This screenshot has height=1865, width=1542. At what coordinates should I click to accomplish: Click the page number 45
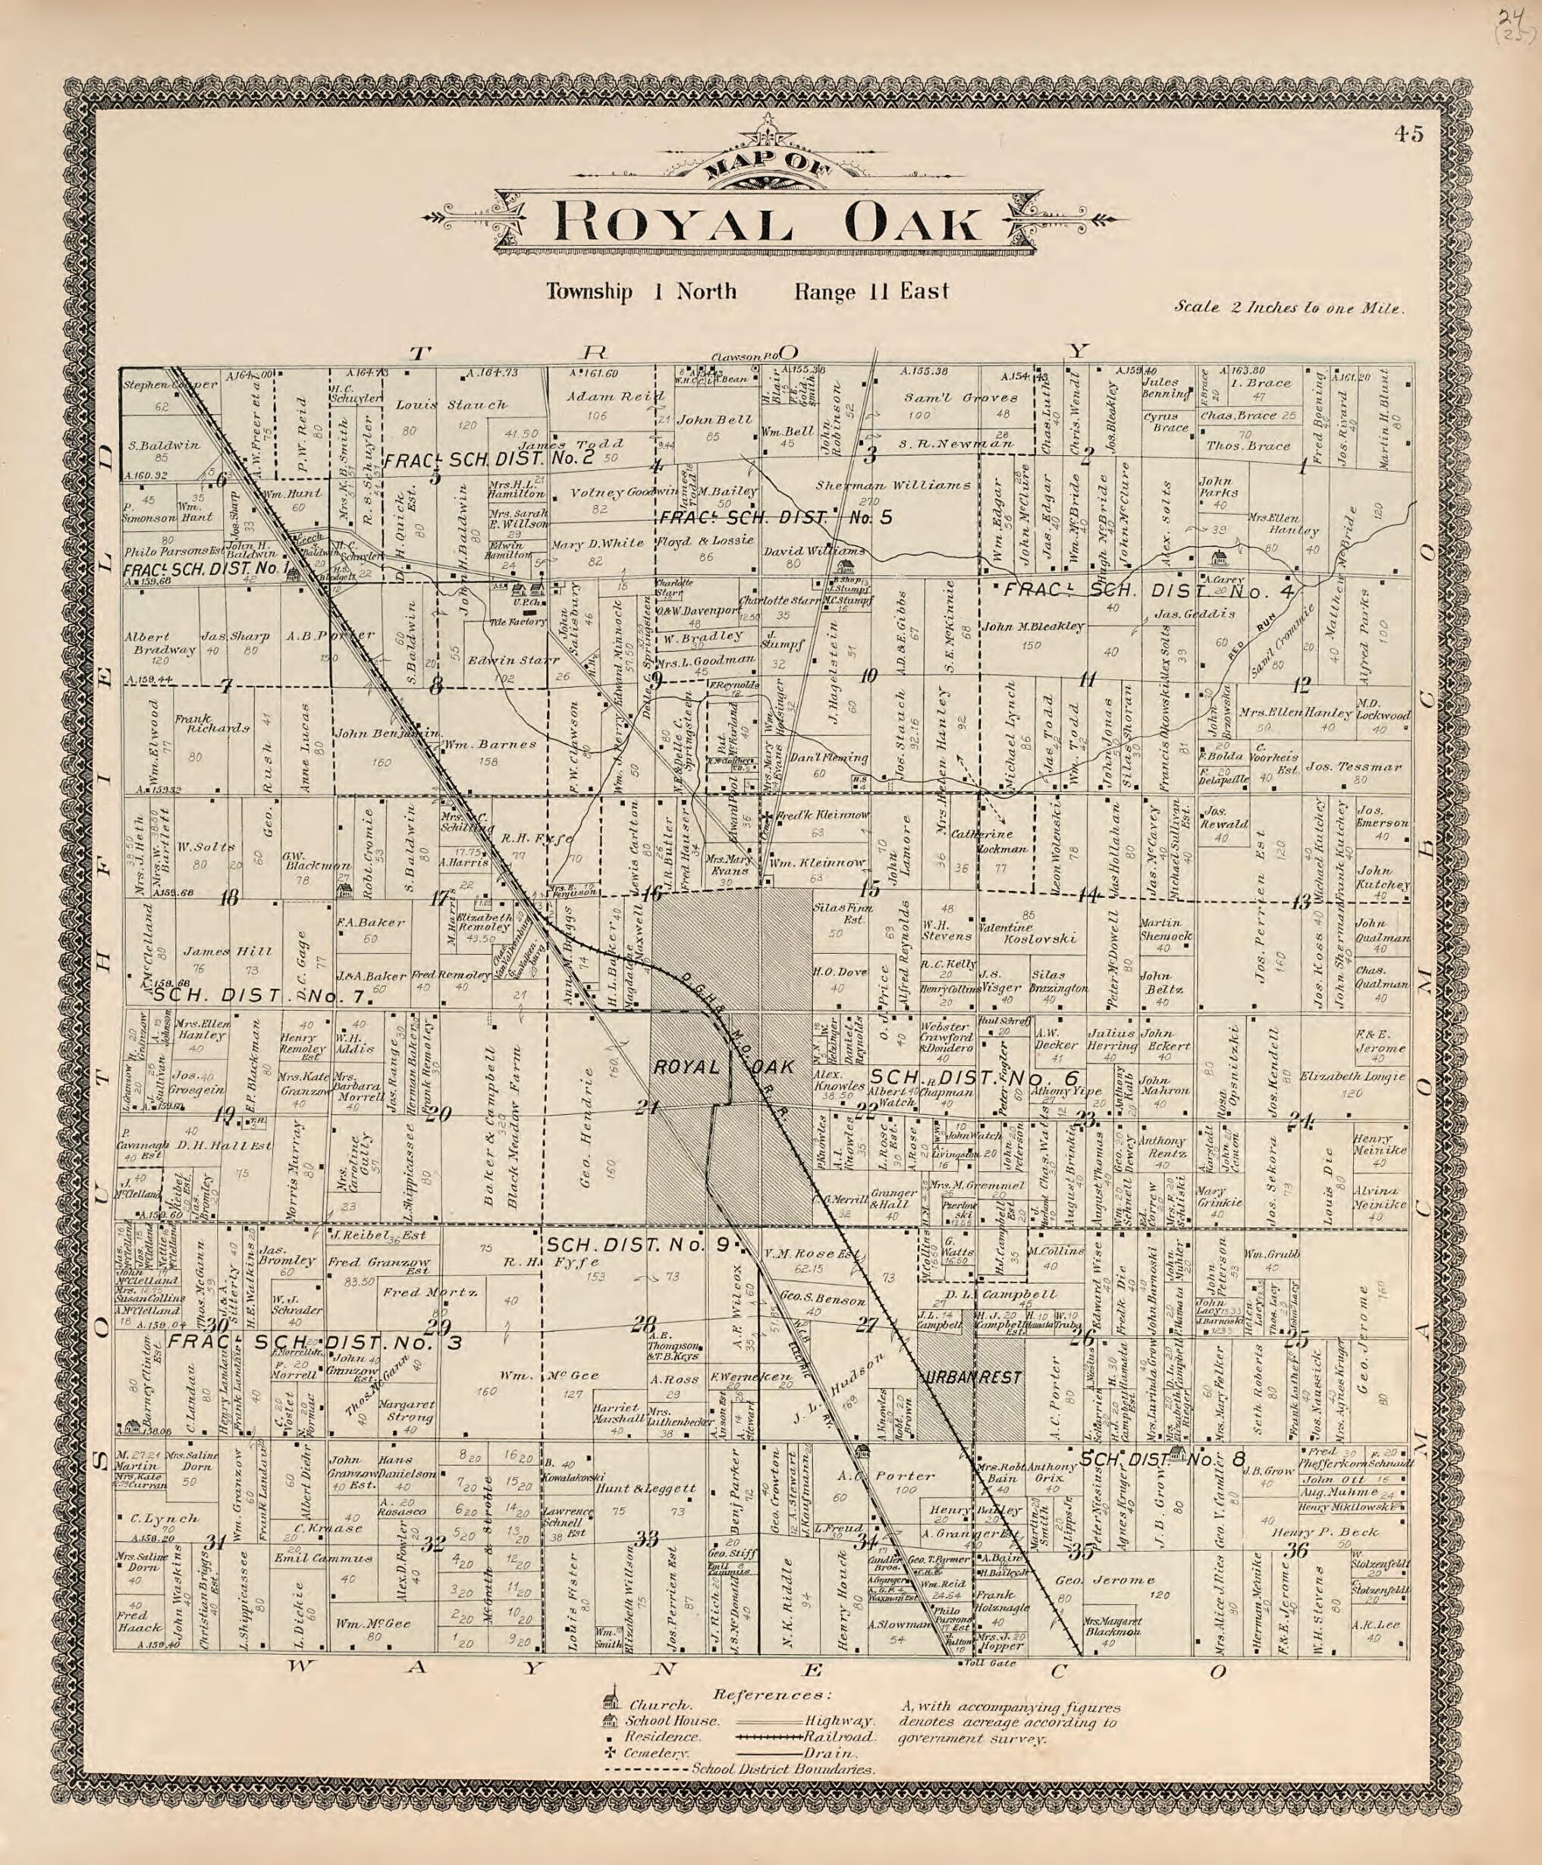(1408, 134)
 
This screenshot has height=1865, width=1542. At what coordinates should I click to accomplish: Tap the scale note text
(1289, 308)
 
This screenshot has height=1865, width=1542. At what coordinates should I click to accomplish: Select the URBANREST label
(974, 1377)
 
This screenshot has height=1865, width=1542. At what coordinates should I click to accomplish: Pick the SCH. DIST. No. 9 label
(638, 1245)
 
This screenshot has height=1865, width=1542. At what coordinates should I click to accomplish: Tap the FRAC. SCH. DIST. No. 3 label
(316, 1342)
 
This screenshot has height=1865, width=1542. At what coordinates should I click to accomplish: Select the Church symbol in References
(609, 1702)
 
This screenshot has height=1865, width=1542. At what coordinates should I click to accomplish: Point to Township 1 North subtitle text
(640, 291)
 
